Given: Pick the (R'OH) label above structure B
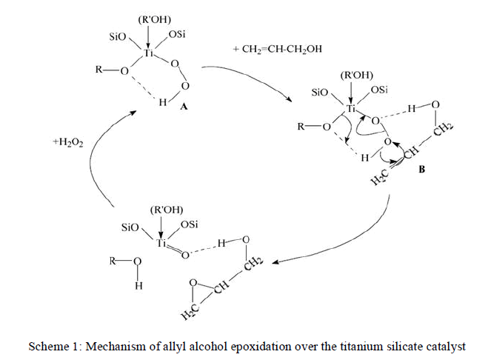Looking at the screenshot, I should coord(356,75).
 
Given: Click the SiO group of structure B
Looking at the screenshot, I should coord(320,93).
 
